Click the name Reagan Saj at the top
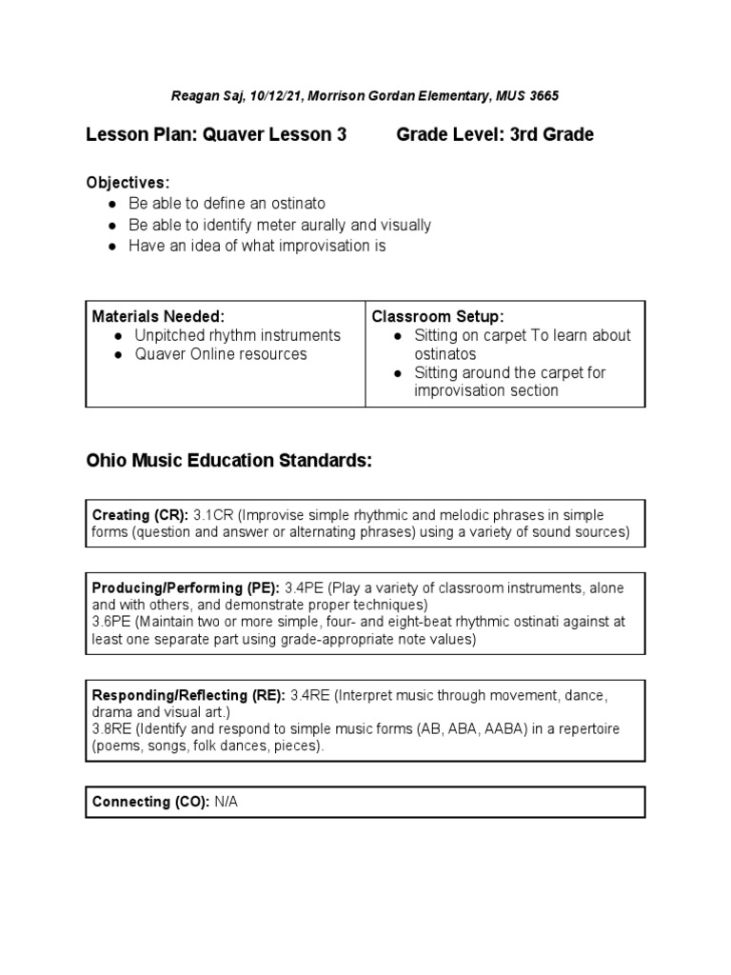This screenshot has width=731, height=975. click(x=207, y=95)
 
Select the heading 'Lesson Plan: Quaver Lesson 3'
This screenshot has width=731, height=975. click(x=217, y=134)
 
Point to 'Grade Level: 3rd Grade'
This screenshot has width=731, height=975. click(x=495, y=134)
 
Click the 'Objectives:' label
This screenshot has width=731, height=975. click(x=128, y=182)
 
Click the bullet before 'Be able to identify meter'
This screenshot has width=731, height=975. click(x=112, y=226)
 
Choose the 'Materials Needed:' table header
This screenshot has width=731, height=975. click(x=158, y=316)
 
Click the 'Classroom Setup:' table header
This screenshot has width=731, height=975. click(x=438, y=316)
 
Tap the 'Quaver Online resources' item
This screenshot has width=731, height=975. click(x=221, y=354)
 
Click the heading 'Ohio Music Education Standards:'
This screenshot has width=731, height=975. click(x=228, y=461)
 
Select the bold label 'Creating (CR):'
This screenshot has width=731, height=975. click(x=140, y=514)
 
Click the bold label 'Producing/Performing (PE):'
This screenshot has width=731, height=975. click(x=186, y=587)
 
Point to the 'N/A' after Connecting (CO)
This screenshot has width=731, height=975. click(x=226, y=802)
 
